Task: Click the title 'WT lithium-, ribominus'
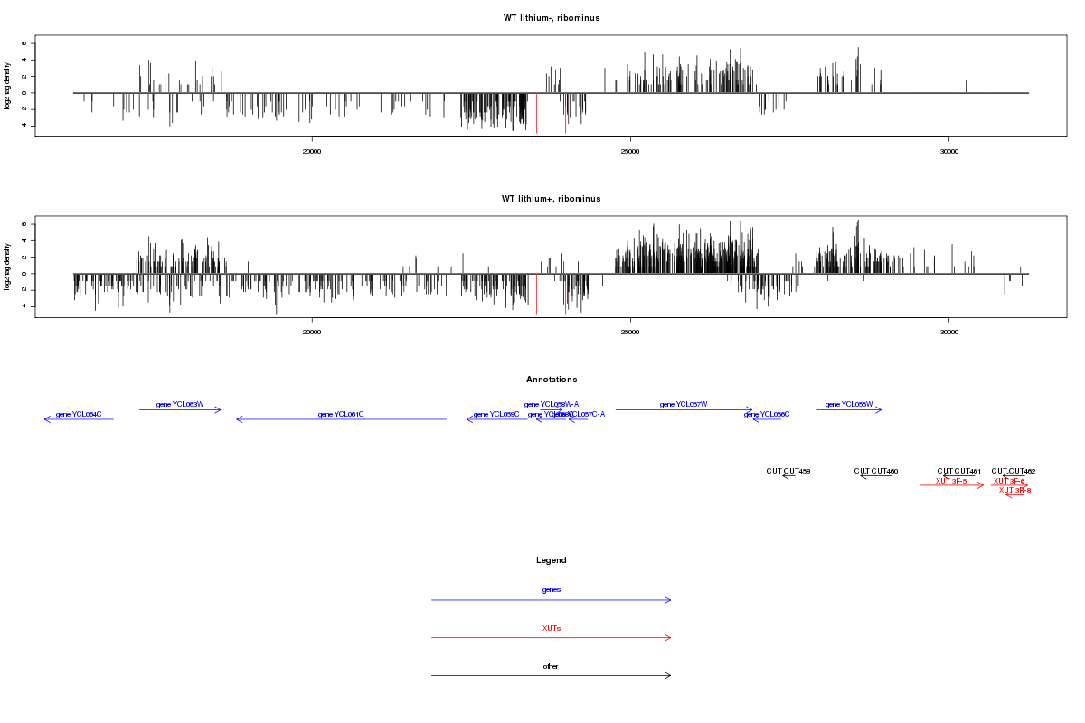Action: tap(551, 18)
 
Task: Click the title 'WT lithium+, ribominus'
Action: tap(551, 199)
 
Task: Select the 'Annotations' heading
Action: tap(551, 380)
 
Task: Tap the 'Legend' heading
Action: tap(551, 560)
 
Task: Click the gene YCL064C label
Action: tap(79, 414)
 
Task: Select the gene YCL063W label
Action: tap(180, 404)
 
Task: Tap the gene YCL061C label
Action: tap(341, 414)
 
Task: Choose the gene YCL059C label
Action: tap(496, 414)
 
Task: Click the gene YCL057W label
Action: tap(684, 404)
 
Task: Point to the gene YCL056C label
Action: tap(767, 414)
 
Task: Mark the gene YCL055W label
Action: tap(849, 404)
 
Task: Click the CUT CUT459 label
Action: tap(788, 471)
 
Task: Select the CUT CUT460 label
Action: tap(876, 471)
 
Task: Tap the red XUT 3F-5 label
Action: tap(951, 481)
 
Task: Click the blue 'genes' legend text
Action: tap(551, 590)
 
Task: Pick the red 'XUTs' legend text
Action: tap(551, 628)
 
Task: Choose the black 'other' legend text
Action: tap(551, 666)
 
